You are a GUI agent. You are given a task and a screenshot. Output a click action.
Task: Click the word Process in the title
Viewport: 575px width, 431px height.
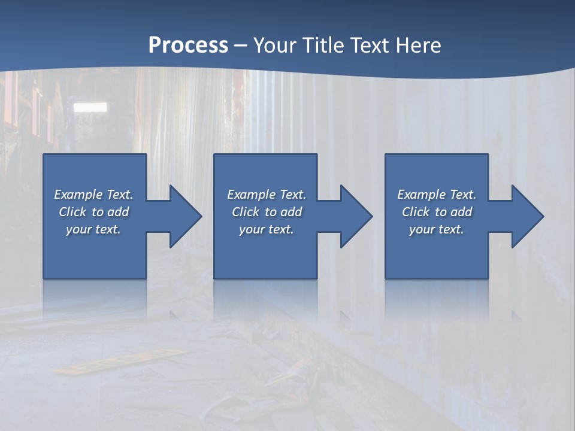point(188,45)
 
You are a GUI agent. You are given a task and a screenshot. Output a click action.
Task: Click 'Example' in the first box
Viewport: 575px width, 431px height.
point(78,195)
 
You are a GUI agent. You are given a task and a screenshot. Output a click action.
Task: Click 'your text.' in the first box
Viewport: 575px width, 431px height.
point(93,229)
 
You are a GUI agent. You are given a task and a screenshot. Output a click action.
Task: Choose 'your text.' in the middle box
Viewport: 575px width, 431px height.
point(266,229)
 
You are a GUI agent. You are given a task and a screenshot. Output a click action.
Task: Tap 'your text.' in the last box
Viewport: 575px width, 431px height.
point(437,229)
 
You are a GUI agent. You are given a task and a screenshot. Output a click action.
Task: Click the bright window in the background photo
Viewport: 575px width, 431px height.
point(90,107)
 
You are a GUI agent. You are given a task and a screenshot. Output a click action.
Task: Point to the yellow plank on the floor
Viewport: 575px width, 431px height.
point(120,361)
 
